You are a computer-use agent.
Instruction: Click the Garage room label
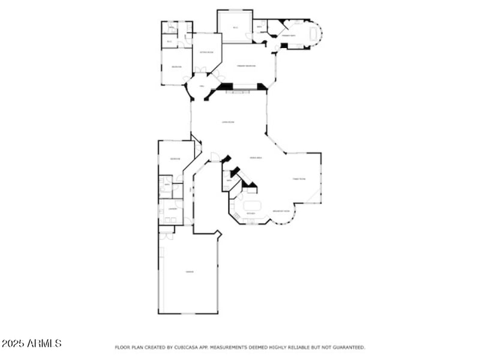[189, 272]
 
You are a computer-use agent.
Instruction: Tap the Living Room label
[228, 122]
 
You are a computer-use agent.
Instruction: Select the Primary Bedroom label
[247, 65]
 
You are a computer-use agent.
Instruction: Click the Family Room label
[299, 179]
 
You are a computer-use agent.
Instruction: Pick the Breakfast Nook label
[281, 211]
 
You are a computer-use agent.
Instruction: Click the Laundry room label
[172, 208]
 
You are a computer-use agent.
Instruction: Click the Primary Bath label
[289, 36]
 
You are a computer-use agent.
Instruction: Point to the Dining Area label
[255, 158]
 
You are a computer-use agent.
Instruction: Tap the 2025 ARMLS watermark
[31, 343]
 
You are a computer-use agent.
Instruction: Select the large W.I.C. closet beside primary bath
[235, 27]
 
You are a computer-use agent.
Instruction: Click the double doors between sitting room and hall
[200, 71]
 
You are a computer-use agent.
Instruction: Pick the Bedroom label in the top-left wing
[176, 66]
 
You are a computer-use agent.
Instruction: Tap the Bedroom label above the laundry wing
[175, 158]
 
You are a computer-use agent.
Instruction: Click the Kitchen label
[250, 214]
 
